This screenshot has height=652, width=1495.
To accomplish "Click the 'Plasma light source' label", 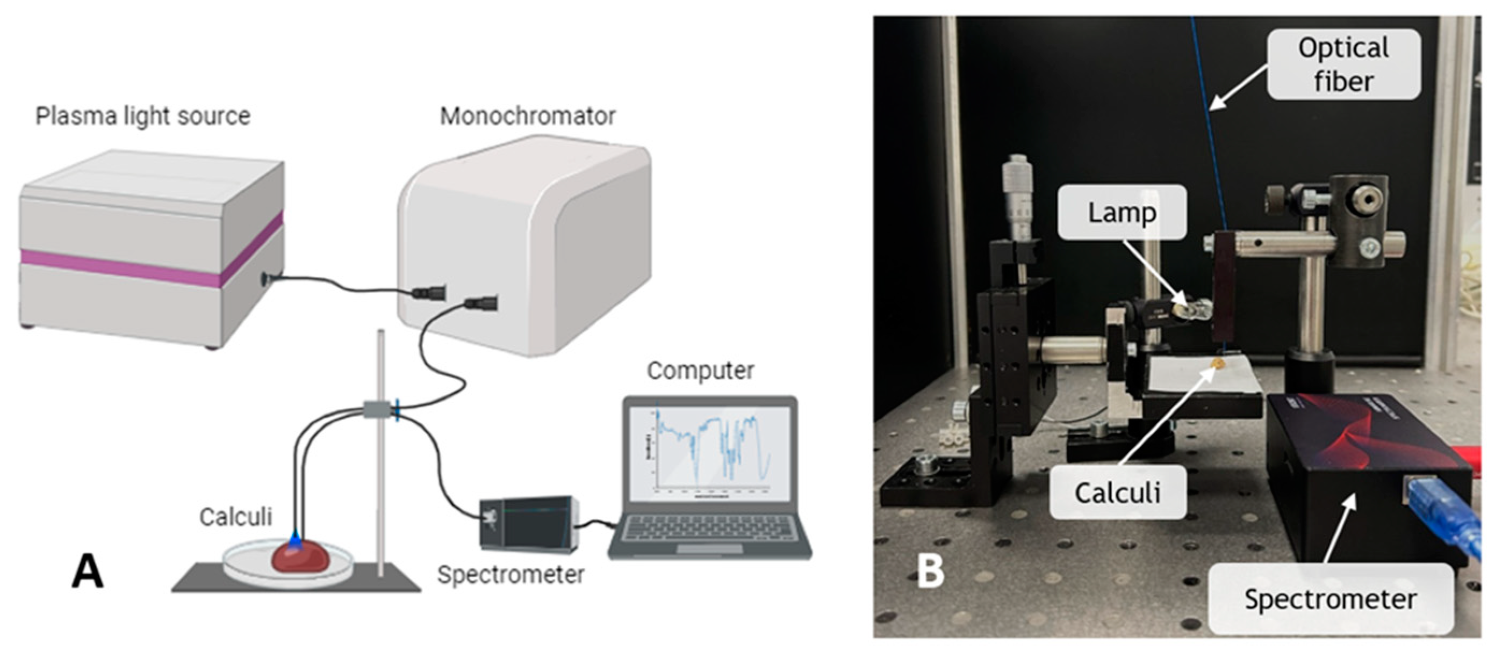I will coord(143,116).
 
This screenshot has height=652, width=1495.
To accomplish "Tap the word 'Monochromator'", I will coord(527,116).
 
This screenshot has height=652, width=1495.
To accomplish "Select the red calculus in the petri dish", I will coord(300,557).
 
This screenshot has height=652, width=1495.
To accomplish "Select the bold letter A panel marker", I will coord(87,571).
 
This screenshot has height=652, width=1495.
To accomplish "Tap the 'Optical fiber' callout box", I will coord(1343,64).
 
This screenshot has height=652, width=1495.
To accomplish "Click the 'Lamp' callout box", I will coord(1121,212).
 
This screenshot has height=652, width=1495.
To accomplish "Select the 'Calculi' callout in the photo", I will coord(1117,492).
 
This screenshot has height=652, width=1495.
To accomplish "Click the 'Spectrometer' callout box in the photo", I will coord(1330,599).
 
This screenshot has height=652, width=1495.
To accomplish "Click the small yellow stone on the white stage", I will coord(1218,364).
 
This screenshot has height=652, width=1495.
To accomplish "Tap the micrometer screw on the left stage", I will coord(1020,197).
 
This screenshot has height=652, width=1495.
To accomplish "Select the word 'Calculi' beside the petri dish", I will coord(235,516).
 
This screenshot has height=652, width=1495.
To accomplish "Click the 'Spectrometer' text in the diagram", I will coord(510,574).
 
